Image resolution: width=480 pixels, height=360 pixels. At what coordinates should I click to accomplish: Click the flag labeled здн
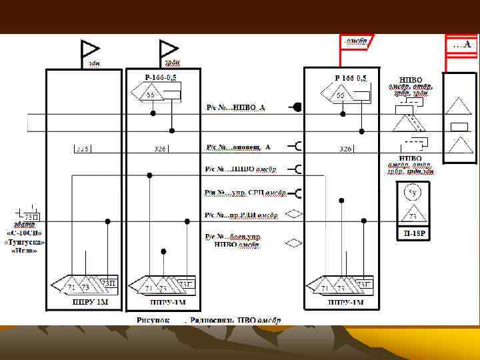[x=89, y=49]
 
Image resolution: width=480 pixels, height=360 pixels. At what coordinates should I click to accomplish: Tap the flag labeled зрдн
[x=168, y=49]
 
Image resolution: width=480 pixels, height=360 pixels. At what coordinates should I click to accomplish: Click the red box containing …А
[x=462, y=45]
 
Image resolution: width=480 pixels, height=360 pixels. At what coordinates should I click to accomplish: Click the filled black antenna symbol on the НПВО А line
[x=297, y=107]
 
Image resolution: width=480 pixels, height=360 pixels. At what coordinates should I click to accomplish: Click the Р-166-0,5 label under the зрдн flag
[x=160, y=78]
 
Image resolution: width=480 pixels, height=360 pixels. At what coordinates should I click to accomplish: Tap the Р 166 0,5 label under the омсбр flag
[x=351, y=78]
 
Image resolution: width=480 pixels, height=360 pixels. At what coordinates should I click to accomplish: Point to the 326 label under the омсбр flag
[x=345, y=149]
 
